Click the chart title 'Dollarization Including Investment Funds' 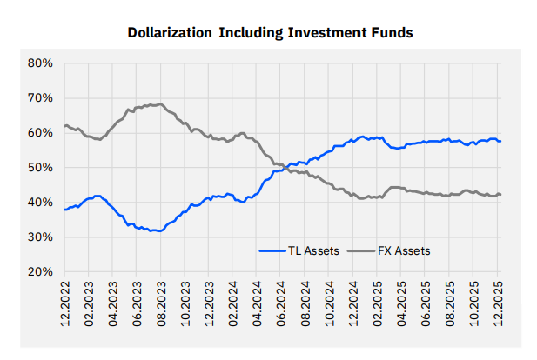pos(270,33)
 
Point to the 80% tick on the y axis pos(41,63)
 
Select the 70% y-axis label pos(41,98)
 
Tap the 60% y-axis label pos(41,133)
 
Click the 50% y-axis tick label pos(41,168)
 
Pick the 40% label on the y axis pos(41,203)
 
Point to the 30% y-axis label pos(41,237)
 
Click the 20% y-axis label pos(41,272)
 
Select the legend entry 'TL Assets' pos(311,250)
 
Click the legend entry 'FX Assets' pos(406,250)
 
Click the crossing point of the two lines pos(280,165)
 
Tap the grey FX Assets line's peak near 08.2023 pos(158,104)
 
